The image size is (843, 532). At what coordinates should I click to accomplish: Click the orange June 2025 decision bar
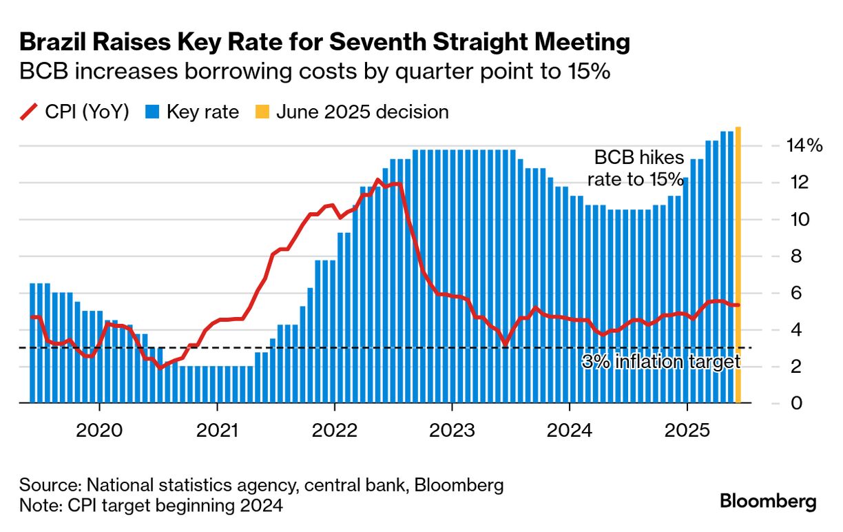pos(738,265)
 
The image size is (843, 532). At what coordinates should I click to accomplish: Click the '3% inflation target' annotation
pos(660,362)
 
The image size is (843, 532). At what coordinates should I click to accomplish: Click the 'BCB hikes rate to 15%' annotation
pos(635,167)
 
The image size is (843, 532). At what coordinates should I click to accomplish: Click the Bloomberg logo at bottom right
pos(768,501)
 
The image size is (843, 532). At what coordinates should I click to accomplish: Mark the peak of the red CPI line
pos(377,180)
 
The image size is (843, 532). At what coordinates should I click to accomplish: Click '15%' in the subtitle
pos(590,71)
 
